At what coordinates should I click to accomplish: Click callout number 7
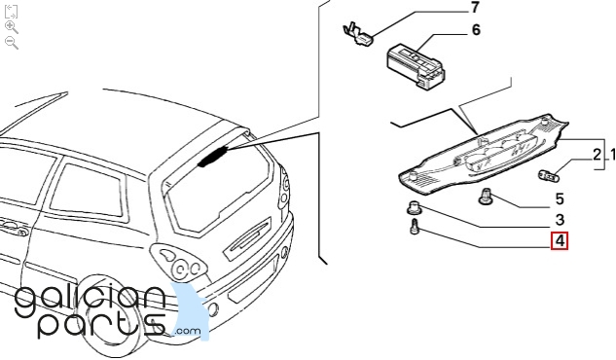pos(475,8)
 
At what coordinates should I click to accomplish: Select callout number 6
pos(476,30)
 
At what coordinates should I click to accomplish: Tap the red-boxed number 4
pos(560,240)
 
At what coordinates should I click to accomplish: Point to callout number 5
pos(560,199)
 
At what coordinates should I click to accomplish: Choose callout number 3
pos(560,220)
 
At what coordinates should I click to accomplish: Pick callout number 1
pos(613,155)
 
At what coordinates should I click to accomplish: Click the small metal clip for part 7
pos(358,34)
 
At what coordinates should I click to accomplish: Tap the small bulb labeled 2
pos(549,175)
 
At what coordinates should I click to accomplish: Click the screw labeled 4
pos(415,228)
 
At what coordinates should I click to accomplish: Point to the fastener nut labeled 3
pos(414,207)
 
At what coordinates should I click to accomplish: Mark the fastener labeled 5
pos(485,196)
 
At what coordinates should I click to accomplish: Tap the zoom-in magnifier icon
pos(12,27)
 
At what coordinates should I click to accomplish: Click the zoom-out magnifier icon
pos(12,43)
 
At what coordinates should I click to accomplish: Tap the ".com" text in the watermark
pos(188,331)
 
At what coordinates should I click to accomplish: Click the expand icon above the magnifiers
pos(11,12)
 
